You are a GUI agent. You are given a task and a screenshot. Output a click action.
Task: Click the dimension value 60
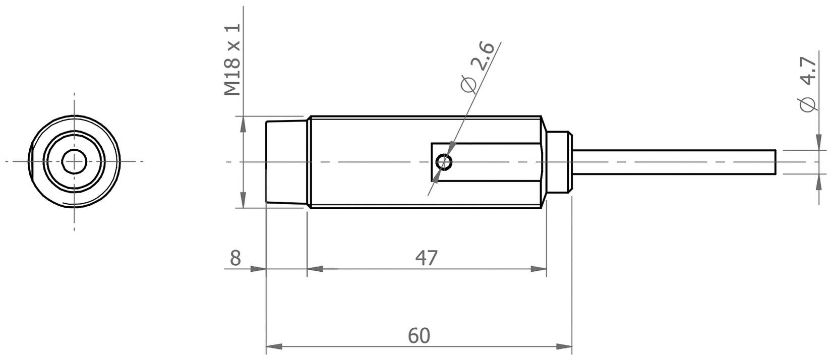coord(419,335)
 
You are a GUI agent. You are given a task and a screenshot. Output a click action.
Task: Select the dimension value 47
coord(427,258)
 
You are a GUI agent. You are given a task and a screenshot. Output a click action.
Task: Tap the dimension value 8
coord(235,258)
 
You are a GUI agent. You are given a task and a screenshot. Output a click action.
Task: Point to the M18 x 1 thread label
coord(233,59)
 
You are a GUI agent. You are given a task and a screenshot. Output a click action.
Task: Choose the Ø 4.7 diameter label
coord(808,85)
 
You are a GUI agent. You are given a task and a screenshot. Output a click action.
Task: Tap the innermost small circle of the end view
coord(74,161)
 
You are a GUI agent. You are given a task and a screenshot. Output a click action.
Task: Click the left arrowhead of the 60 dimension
coord(273,347)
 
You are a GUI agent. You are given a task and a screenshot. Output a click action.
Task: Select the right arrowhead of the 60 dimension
coord(565,347)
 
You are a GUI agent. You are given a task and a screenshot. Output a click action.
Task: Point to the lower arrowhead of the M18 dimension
coord(243,200)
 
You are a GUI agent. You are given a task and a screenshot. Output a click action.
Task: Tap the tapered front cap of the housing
coord(285,162)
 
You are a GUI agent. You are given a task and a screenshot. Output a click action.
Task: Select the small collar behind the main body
coord(558,162)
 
